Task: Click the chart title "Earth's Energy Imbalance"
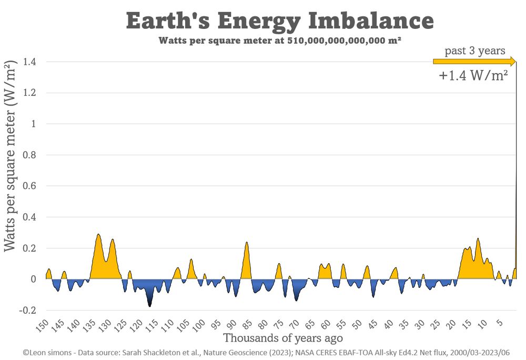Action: pyautogui.click(x=280, y=21)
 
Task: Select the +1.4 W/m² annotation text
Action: pyautogui.click(x=473, y=75)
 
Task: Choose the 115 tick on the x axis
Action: pyautogui.click(x=152, y=325)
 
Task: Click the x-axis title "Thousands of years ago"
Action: pyautogui.click(x=283, y=338)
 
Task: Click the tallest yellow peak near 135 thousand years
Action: pyautogui.click(x=98, y=236)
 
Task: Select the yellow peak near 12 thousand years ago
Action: pyautogui.click(x=478, y=240)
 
